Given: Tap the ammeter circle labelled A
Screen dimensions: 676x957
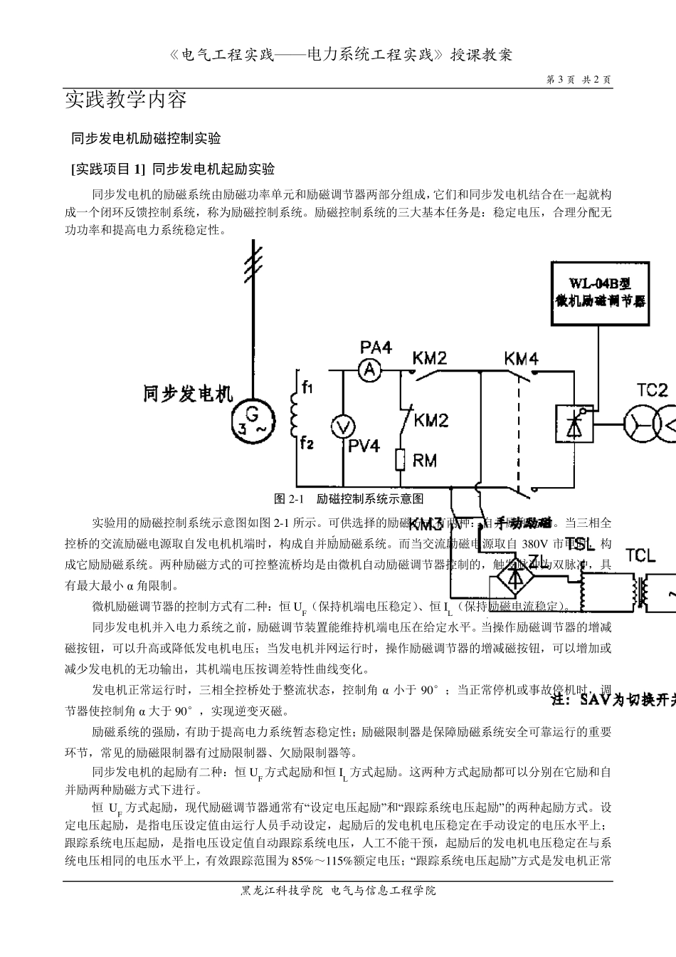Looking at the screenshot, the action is [x=369, y=369].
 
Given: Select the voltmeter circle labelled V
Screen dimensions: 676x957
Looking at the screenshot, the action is [x=344, y=427].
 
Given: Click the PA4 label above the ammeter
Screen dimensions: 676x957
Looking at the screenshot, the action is [x=376, y=347].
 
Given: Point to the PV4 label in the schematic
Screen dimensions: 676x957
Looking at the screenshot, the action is [x=364, y=446].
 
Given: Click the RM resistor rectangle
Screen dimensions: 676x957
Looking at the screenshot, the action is [x=401, y=460].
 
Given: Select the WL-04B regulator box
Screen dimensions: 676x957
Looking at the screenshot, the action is [x=601, y=294].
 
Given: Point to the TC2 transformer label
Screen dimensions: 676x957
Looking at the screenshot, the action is [x=652, y=389].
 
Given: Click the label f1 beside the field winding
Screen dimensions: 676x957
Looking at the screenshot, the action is [x=307, y=388].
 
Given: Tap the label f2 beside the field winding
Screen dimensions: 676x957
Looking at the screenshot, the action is [x=307, y=443].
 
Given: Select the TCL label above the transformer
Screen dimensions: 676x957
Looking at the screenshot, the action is [x=640, y=555].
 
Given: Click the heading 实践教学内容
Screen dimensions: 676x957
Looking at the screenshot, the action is [x=126, y=99].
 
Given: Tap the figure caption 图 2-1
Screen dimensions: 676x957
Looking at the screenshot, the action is [x=290, y=498].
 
